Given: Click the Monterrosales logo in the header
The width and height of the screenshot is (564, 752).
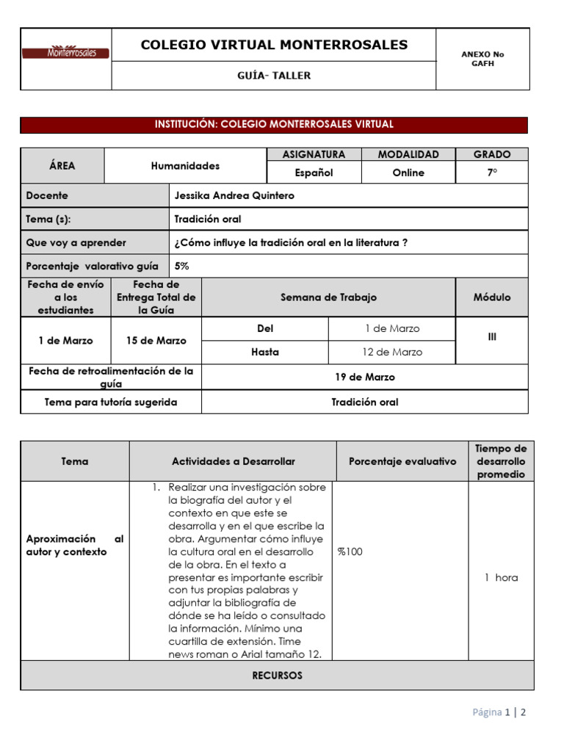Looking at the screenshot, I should pyautogui.click(x=66, y=53).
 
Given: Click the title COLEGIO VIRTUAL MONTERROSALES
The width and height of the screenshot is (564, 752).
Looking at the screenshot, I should pyautogui.click(x=274, y=45).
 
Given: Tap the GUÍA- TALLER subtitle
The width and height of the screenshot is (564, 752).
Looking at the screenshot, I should pyautogui.click(x=274, y=76).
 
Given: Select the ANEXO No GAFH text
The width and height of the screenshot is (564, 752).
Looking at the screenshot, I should pyautogui.click(x=482, y=59).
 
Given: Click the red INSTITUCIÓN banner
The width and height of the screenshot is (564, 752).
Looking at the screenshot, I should pyautogui.click(x=274, y=125).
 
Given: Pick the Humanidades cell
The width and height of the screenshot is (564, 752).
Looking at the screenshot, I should pyautogui.click(x=185, y=166).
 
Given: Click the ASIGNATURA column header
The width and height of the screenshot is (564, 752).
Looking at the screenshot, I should pyautogui.click(x=314, y=154).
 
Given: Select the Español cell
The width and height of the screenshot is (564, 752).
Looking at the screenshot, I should pyautogui.click(x=314, y=173).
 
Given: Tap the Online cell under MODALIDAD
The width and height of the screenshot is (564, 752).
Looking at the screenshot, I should pyautogui.click(x=408, y=173).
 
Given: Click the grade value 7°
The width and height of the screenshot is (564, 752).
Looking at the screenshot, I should pyautogui.click(x=491, y=173).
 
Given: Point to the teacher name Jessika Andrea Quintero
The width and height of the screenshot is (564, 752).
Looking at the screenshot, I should pyautogui.click(x=234, y=196).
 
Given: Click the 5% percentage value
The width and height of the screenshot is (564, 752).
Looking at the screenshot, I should pyautogui.click(x=181, y=266).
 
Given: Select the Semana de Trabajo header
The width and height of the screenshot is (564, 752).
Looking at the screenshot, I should pyautogui.click(x=328, y=297).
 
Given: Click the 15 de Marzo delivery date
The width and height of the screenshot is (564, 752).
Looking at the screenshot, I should pyautogui.click(x=156, y=341).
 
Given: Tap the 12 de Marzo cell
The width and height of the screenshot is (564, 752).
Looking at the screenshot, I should pyautogui.click(x=392, y=352).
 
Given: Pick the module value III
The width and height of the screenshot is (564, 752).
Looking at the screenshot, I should pyautogui.click(x=491, y=337).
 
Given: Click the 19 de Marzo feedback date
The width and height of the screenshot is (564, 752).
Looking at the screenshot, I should pyautogui.click(x=365, y=377).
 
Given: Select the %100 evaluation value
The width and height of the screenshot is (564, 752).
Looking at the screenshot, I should pyautogui.click(x=350, y=552).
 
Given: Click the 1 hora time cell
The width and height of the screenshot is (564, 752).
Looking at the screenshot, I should pyautogui.click(x=501, y=577).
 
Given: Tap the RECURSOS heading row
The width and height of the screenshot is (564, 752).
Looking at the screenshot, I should pyautogui.click(x=277, y=676).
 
